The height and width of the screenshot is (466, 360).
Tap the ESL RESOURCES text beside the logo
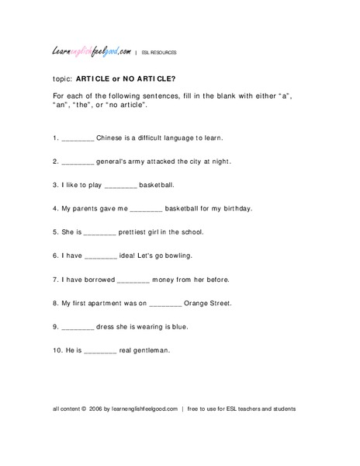pyautogui.click(x=160, y=53)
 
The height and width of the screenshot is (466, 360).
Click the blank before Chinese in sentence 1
pyautogui.click(x=77, y=139)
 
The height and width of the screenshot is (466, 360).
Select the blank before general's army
pyautogui.click(x=77, y=163)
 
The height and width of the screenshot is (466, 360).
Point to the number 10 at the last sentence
pyautogui.click(x=57, y=350)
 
